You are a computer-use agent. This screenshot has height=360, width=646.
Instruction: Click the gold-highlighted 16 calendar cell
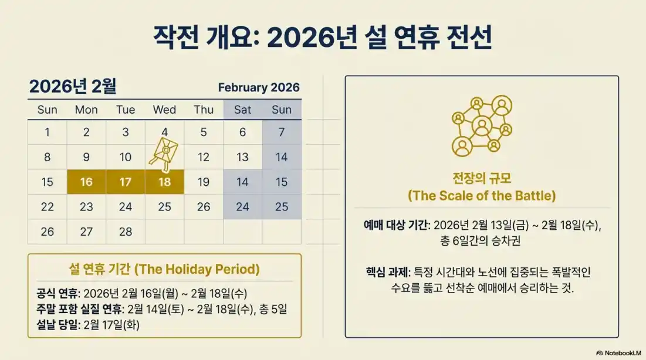coord(86,182)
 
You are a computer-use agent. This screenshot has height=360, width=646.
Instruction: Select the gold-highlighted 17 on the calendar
coord(126,182)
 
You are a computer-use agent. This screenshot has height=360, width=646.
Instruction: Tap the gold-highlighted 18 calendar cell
coord(164,182)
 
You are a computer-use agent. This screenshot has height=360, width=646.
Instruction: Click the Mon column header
coord(86,110)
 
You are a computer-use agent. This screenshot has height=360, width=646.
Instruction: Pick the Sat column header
coord(242,110)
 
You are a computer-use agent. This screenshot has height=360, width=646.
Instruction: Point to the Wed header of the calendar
coord(164,110)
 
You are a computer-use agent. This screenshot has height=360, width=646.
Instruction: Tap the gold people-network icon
coord(482,125)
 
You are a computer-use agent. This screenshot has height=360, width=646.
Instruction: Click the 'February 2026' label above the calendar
coord(259,87)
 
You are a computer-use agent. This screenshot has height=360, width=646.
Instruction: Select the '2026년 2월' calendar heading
coord(73,87)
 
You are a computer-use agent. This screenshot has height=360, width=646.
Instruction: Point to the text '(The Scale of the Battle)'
coord(482,195)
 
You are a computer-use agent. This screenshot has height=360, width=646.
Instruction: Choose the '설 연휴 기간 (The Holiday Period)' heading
coord(164,270)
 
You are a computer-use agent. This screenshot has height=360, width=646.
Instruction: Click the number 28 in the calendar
coord(126,232)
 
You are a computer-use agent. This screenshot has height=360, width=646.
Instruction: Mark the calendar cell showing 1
coord(48,133)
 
